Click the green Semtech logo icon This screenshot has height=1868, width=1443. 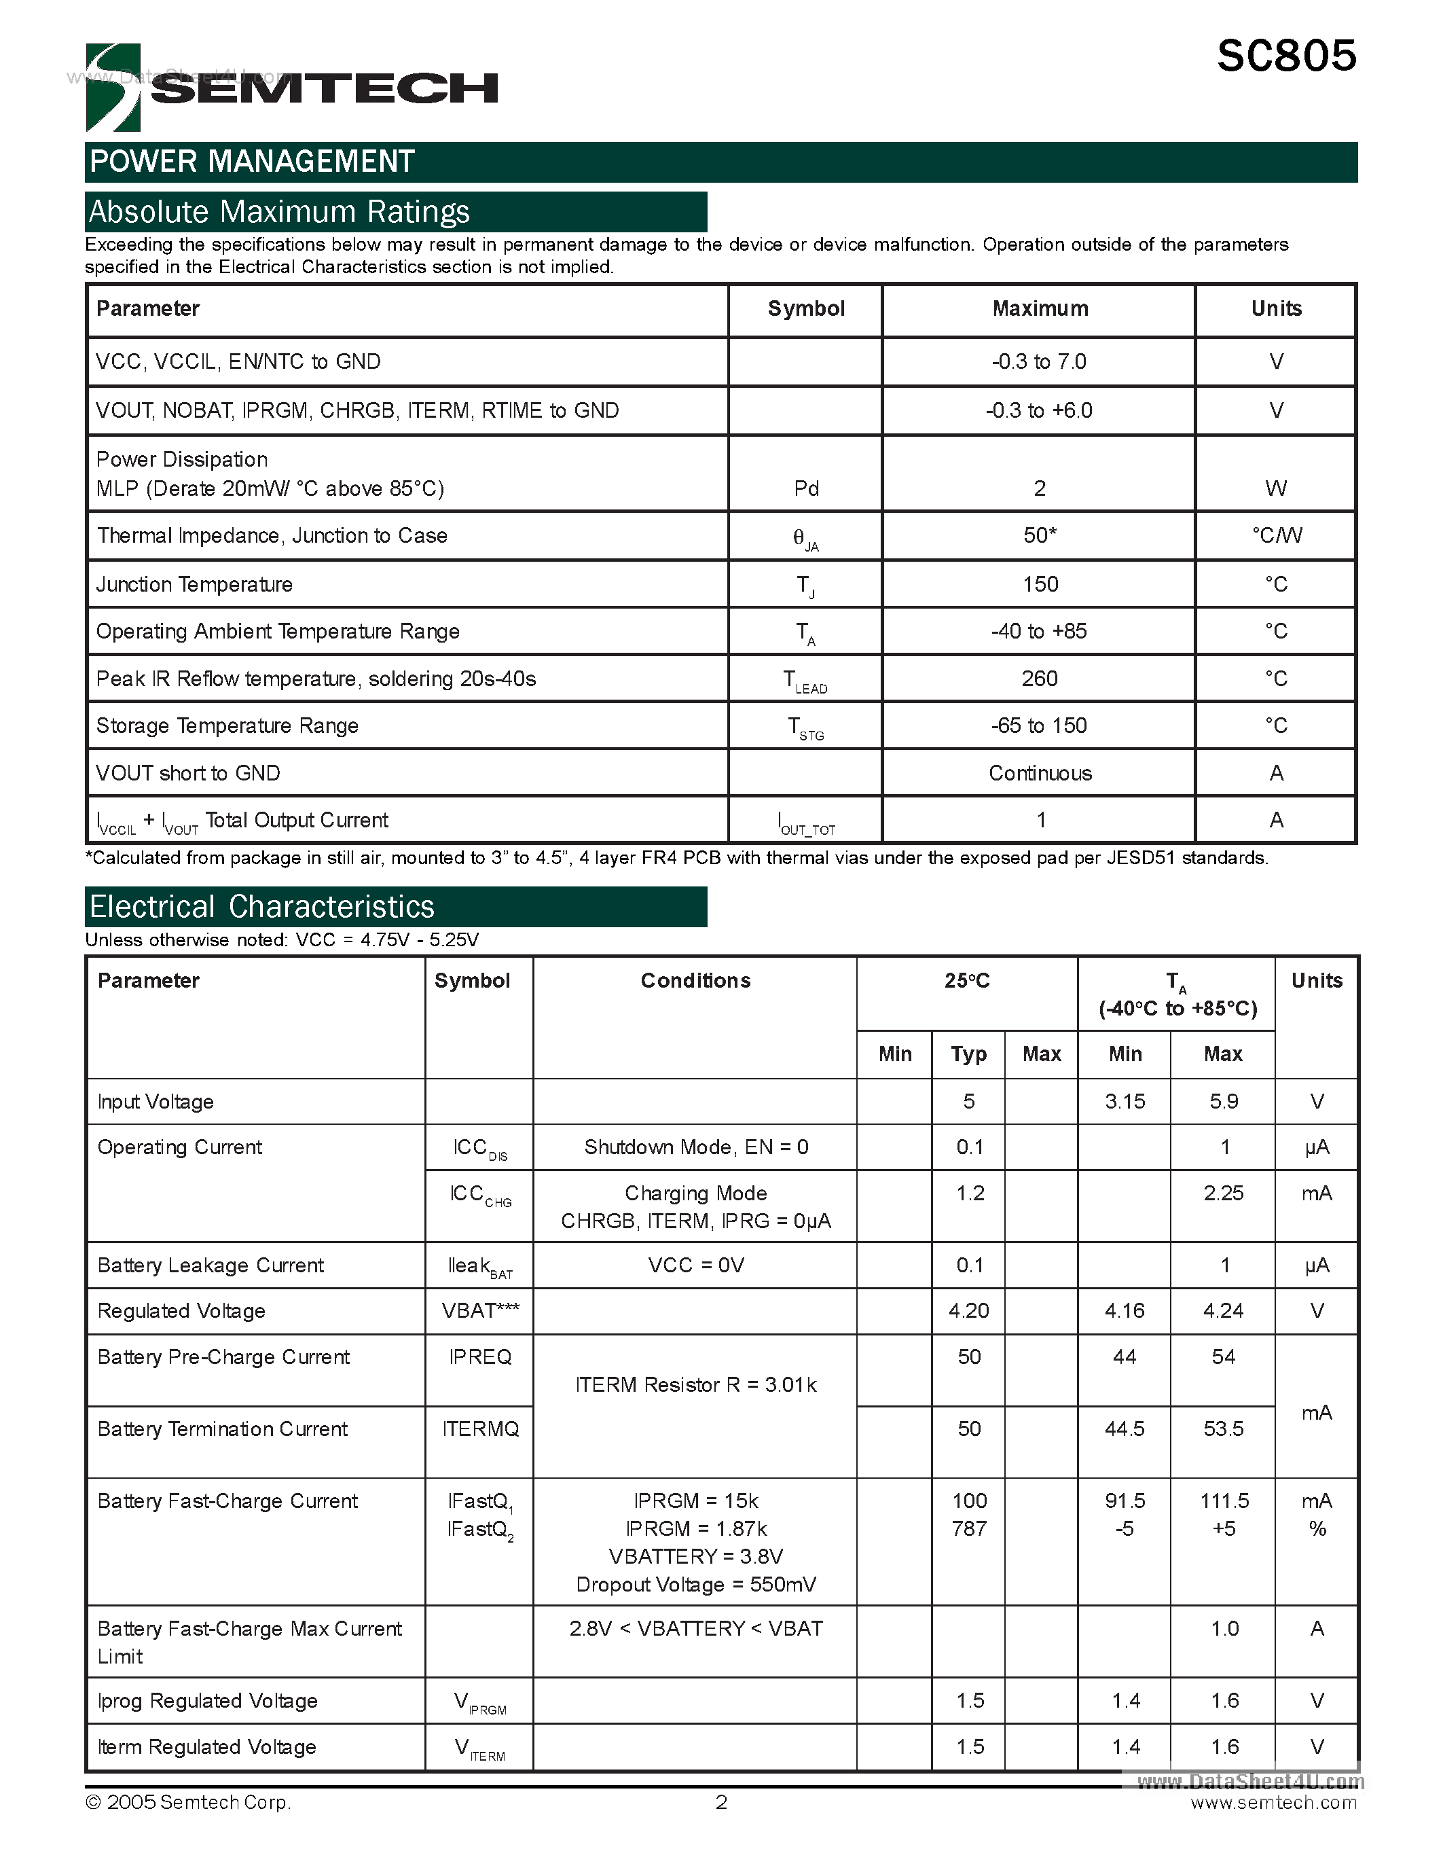[113, 87]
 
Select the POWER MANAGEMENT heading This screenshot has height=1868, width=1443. [252, 162]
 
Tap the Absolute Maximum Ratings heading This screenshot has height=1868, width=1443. [280, 211]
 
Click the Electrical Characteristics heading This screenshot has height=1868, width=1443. [261, 907]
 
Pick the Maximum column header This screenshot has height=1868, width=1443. [1040, 309]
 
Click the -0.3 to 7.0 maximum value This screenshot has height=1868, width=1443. [1039, 362]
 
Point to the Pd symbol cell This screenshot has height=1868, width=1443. [805, 488]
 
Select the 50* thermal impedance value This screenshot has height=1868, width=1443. [1040, 535]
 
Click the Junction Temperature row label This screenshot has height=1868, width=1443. [194, 584]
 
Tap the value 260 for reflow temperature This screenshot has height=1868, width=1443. [1040, 679]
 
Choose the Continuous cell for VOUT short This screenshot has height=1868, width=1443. [1040, 773]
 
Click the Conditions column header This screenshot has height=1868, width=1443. [695, 981]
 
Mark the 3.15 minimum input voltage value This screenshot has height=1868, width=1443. [1124, 1102]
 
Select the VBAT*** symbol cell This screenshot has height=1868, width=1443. [479, 1311]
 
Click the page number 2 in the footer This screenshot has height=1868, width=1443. [721, 1802]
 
